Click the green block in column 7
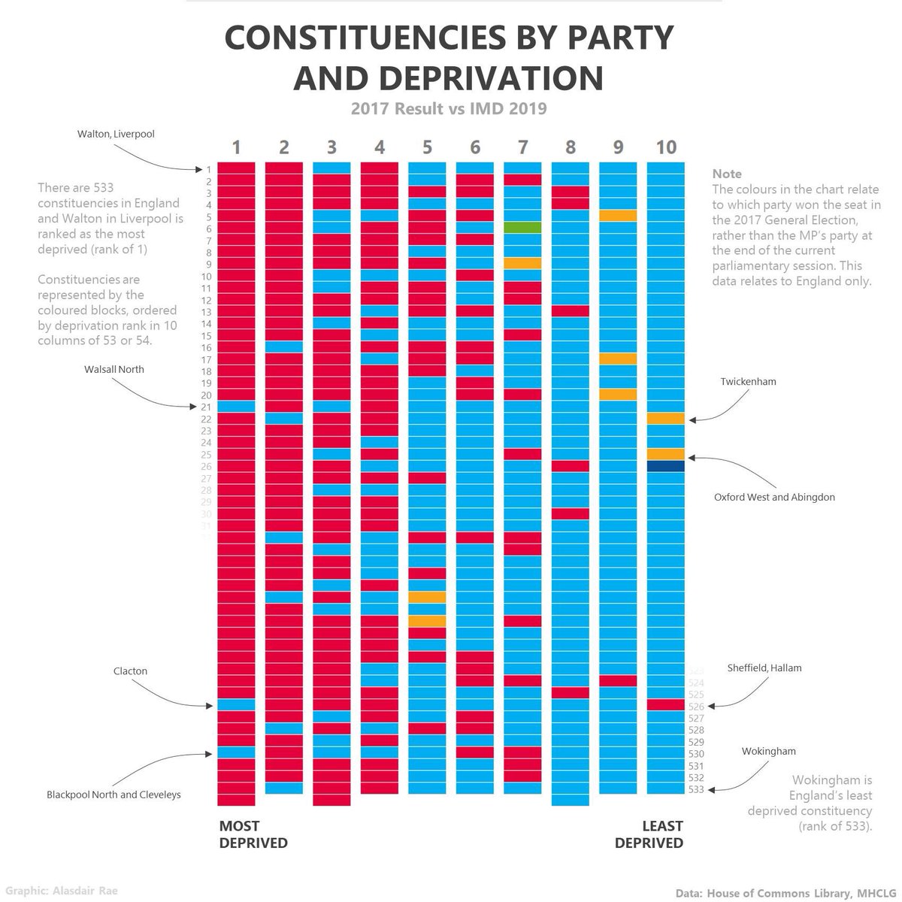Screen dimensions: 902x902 [522, 227]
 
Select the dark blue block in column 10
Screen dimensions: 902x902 [665, 466]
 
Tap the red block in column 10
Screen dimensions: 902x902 [665, 705]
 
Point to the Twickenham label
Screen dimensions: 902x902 [748, 381]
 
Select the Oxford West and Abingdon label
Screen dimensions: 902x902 [773, 497]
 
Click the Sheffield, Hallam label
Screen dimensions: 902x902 [764, 667]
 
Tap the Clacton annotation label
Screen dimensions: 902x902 [130, 670]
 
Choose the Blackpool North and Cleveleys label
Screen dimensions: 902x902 [114, 795]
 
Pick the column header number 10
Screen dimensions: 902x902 [665, 147]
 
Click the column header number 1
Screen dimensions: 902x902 [237, 147]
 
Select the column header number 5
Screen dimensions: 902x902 [427, 147]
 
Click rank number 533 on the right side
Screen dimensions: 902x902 [696, 789]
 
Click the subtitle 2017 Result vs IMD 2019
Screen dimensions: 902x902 [449, 109]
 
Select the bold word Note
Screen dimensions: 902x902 [726, 174]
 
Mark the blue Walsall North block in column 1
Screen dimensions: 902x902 [237, 407]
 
